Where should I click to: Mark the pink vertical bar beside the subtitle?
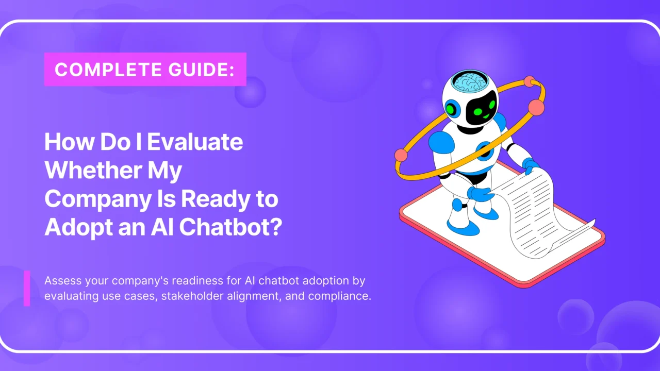[x=27, y=288]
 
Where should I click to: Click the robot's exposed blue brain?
[x=469, y=83]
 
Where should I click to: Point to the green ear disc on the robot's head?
[x=452, y=109]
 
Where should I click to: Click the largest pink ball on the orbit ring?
[x=536, y=107]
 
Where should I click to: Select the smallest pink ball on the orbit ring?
[x=529, y=81]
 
